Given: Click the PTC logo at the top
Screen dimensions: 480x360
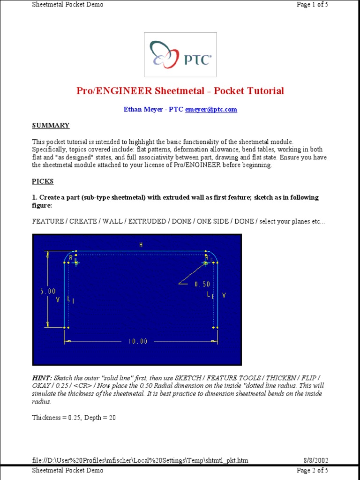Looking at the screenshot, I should coord(180,54).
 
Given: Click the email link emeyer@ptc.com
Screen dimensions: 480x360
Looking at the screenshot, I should coord(211,109).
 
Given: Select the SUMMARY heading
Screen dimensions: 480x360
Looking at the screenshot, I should coord(51,125).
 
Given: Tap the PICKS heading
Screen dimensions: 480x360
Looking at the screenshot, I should coord(43,181).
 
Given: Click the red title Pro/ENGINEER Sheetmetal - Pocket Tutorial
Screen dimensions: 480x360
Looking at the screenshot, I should coord(180,91).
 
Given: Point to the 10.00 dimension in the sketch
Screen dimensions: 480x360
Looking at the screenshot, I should coord(138,341).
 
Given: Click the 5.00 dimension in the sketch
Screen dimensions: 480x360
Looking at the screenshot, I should coord(48,291).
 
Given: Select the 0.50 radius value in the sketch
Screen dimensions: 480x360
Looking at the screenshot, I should coord(202,284).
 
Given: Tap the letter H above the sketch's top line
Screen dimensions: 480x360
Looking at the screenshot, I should coord(140,244).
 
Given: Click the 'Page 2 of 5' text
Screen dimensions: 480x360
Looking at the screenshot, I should coord(313,470).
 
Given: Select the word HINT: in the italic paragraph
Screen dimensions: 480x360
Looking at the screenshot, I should coord(42,378).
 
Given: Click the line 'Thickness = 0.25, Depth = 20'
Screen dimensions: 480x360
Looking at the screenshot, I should coord(74,417).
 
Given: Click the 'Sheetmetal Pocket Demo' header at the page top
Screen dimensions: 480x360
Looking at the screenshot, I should coord(67,5).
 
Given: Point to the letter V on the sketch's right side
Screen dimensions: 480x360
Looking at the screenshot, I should coord(224,295).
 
